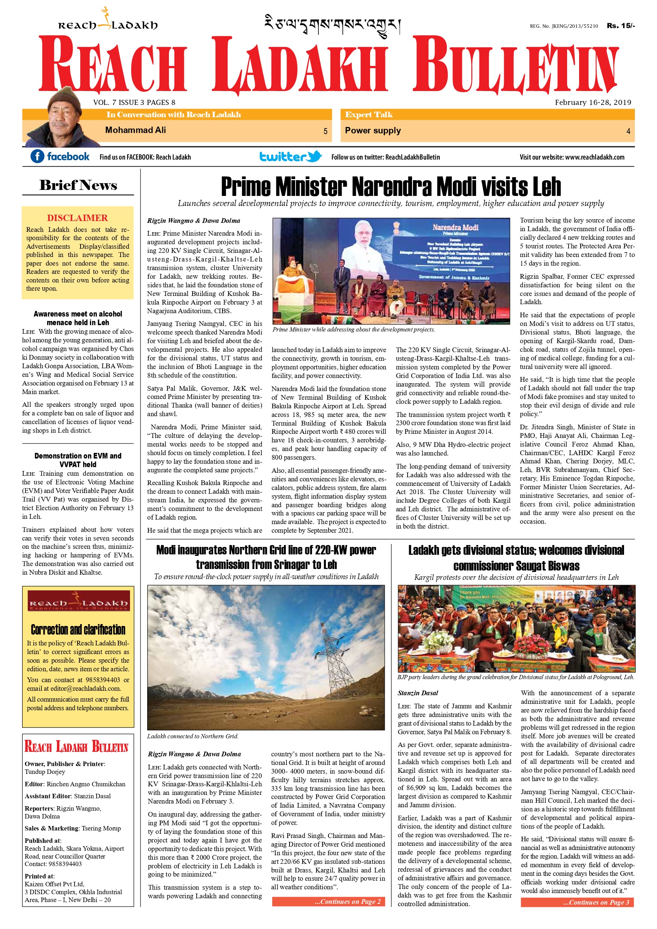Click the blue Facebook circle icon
(37, 156)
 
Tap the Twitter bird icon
(314, 156)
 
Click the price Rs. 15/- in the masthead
(620, 25)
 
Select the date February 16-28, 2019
(593, 102)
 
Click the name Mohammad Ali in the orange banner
(135, 130)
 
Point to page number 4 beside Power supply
(628, 131)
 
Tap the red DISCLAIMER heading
(77, 218)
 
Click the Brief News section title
(78, 185)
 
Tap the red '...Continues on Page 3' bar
(577, 902)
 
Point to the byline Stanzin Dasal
(418, 693)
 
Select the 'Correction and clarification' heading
(78, 630)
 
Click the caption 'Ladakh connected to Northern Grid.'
(193, 736)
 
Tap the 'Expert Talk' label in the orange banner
(369, 115)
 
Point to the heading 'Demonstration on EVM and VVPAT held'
(78, 460)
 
